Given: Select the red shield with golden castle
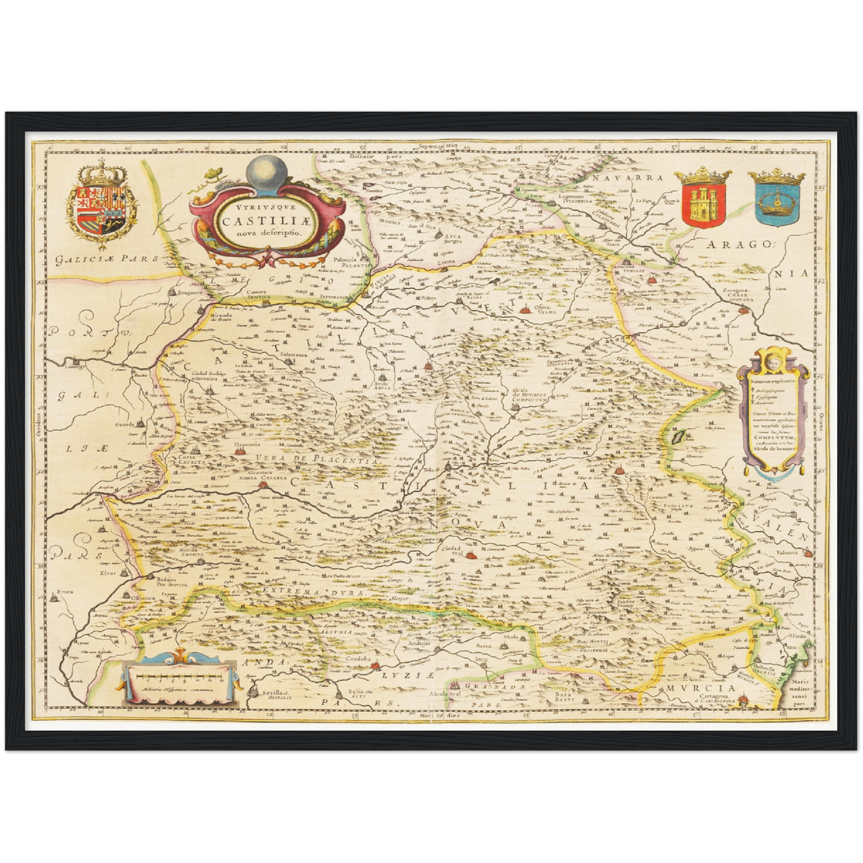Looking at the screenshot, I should pos(702,200).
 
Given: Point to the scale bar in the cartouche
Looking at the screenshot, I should pos(178,676).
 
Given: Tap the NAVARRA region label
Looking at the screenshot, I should pos(626,178).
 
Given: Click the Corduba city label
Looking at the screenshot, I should pos(358,659).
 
